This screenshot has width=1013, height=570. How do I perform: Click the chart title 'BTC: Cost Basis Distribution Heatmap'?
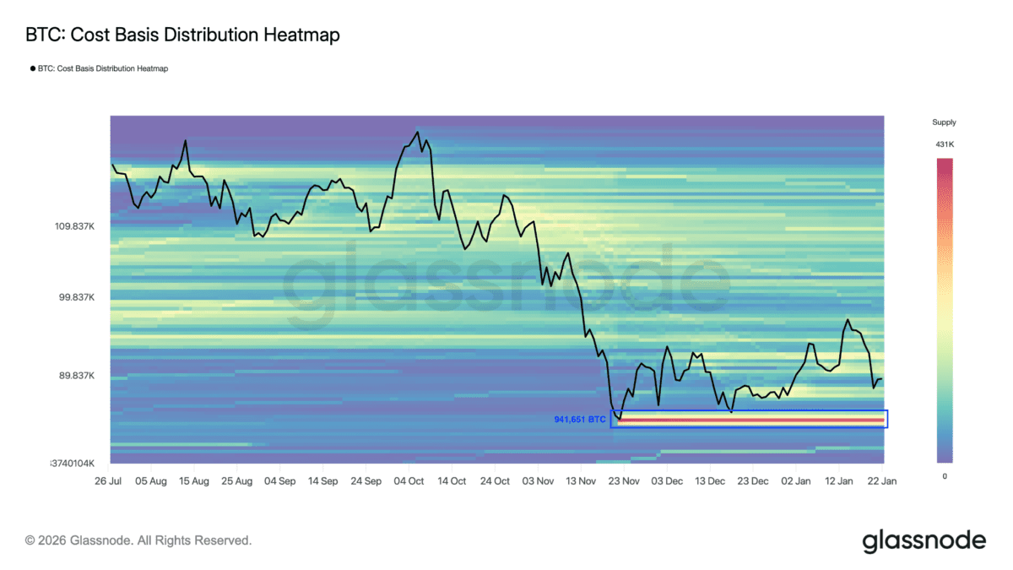(x=182, y=35)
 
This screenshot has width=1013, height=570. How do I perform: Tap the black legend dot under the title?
(x=33, y=68)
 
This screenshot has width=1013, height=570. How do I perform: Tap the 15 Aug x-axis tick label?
(x=194, y=480)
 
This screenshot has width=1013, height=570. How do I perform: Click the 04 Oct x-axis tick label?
(x=409, y=480)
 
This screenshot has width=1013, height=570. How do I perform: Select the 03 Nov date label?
(x=538, y=480)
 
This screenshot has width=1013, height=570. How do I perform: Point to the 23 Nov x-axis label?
(x=624, y=480)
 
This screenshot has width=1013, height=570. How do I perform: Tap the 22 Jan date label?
(x=882, y=480)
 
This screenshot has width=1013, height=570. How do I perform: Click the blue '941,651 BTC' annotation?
(x=580, y=419)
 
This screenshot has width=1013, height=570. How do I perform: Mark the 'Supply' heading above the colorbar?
(x=944, y=122)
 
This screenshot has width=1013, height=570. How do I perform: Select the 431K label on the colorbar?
(x=944, y=144)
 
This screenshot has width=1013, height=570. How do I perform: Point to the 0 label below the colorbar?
(x=944, y=476)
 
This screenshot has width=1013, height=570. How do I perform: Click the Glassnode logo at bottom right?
(x=924, y=541)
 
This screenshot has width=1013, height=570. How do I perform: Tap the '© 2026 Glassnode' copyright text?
(x=138, y=540)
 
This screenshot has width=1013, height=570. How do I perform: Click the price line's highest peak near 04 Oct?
(x=415, y=132)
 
